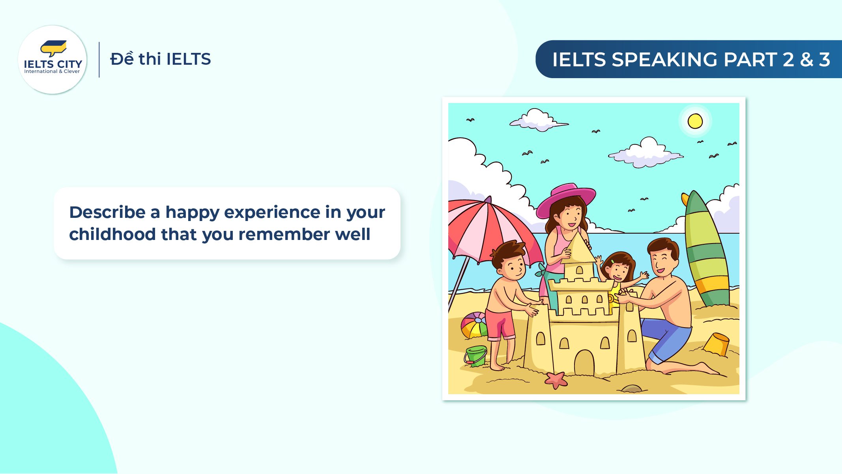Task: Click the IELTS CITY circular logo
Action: point(52,60)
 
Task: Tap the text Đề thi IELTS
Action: point(160,59)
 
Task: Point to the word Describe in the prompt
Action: point(107,212)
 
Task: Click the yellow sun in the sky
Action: point(695,121)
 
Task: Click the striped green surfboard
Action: point(706,253)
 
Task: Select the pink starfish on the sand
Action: point(556,379)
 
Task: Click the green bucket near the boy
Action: point(476,356)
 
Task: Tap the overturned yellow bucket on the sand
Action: point(716,344)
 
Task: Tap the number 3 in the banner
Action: point(824,60)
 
